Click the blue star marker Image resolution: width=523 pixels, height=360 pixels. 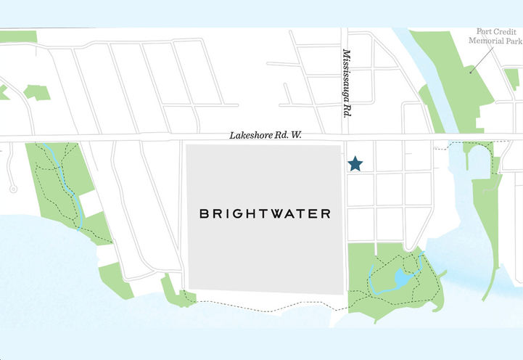355,164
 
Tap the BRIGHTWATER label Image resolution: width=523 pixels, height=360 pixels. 265,214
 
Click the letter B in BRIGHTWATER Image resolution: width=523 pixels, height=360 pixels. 204,214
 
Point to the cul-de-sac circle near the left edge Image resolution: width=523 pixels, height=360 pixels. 12,189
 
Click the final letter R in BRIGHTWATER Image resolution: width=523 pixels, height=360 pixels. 326,214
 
